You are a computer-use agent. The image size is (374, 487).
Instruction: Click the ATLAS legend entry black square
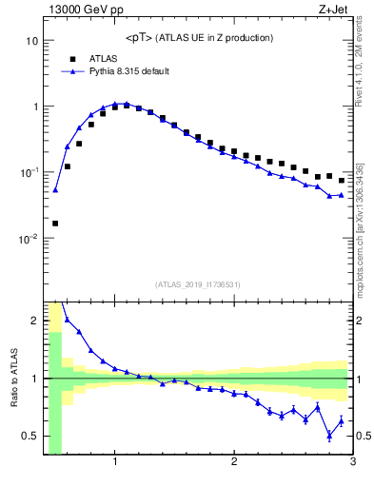pyautogui.click(x=73, y=58)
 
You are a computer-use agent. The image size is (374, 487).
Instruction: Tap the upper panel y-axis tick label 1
pyautogui.click(x=35, y=107)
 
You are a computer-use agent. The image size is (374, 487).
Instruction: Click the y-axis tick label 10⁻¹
pyautogui.click(x=30, y=172)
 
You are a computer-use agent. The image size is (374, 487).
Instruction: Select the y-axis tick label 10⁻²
pyautogui.click(x=30, y=238)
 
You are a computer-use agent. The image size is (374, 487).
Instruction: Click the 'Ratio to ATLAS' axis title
pyautogui.click(x=12, y=378)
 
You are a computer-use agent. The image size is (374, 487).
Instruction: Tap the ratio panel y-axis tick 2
pyautogui.click(x=35, y=321)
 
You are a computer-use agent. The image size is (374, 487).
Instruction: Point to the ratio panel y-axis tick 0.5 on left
pyautogui.click(x=31, y=437)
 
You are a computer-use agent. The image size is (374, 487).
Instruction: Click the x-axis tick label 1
pyautogui.click(x=115, y=462)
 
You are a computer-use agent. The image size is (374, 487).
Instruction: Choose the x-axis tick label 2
pyautogui.click(x=234, y=462)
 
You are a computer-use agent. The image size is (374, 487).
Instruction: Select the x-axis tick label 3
pyautogui.click(x=352, y=462)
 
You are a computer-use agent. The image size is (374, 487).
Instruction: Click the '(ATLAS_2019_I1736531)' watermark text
pyautogui.click(x=198, y=284)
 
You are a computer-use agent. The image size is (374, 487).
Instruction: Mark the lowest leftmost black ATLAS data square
pyautogui.click(x=55, y=224)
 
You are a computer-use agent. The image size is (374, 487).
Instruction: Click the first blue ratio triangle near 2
pyautogui.click(x=67, y=320)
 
